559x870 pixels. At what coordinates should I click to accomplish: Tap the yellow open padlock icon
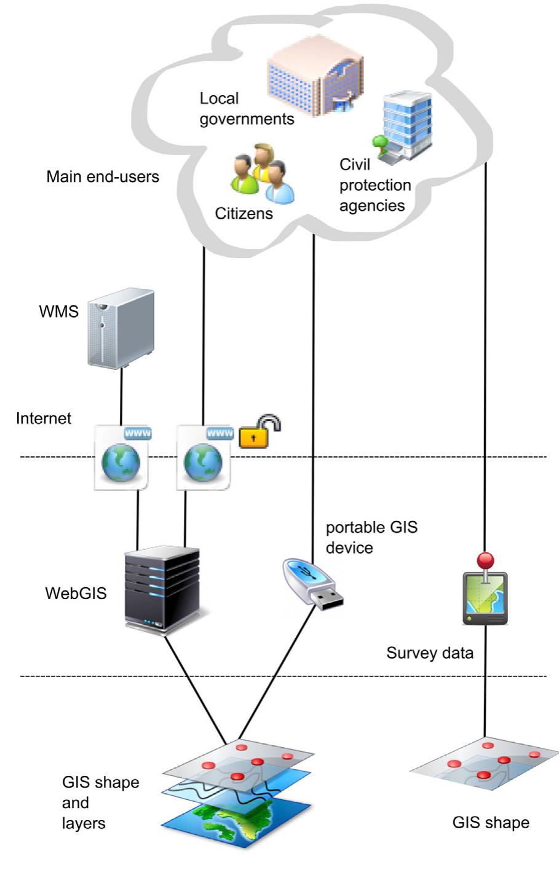click(259, 431)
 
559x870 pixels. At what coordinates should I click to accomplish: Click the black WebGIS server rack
click(162, 590)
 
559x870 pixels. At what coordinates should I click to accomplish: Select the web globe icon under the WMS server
click(122, 456)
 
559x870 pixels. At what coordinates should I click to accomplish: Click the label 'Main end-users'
click(103, 177)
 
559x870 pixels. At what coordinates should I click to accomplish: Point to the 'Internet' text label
click(44, 418)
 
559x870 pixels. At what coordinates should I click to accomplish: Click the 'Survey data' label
click(430, 652)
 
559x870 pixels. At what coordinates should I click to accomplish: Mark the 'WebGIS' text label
click(76, 593)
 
